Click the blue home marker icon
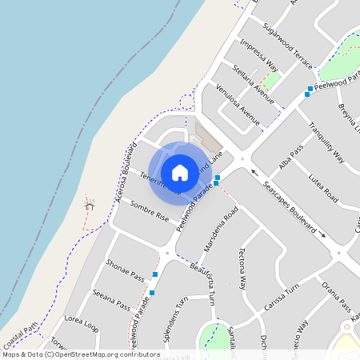click(x=180, y=172)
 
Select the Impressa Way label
click(x=258, y=54)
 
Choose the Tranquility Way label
click(x=326, y=142)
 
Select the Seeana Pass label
click(x=111, y=299)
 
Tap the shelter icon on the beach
click(x=90, y=206)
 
